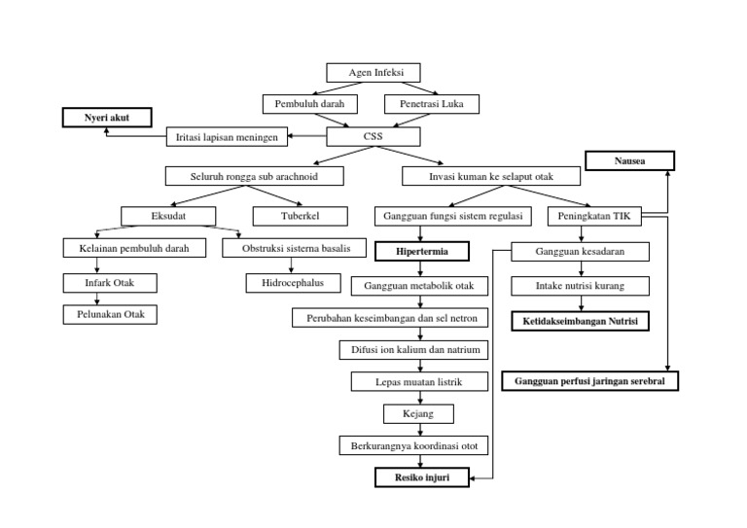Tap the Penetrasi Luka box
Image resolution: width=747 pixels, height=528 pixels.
(426, 103)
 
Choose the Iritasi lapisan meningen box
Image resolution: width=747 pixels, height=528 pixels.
(228, 138)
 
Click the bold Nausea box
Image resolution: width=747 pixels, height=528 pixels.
(628, 159)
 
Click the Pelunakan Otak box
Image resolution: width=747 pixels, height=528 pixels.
(110, 314)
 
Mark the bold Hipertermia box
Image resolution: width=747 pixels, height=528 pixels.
(422, 251)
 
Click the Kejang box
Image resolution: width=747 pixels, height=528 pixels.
(420, 413)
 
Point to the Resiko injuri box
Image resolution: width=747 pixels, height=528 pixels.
(421, 477)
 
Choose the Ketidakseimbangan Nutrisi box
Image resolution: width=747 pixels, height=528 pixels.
(582, 320)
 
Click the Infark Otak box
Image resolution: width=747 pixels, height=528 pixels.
(110, 283)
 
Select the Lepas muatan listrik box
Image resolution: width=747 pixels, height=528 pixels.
(420, 381)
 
